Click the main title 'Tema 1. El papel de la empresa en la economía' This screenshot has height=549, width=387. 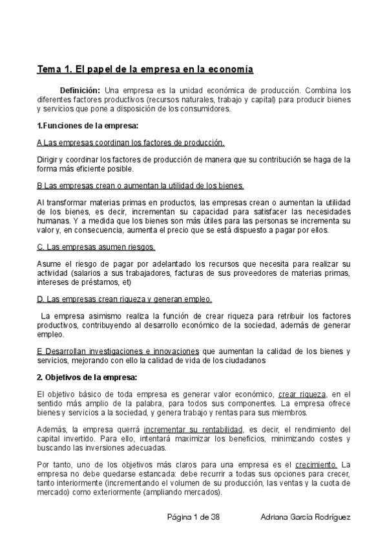click(x=145, y=68)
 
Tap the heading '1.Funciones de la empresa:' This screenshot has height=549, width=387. click(x=88, y=125)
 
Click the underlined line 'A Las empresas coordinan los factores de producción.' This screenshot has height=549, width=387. click(x=131, y=142)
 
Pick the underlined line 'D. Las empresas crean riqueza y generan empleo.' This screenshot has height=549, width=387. click(x=125, y=299)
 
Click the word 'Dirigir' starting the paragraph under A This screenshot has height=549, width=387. click(x=47, y=159)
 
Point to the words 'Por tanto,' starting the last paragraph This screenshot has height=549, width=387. click(x=54, y=464)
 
